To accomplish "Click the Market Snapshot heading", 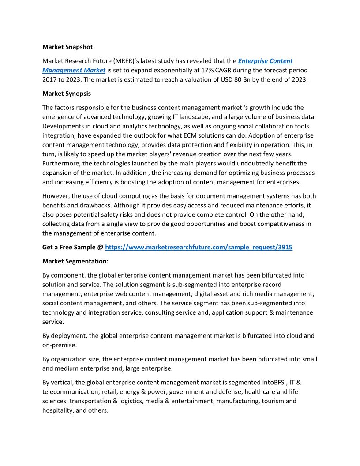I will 67,47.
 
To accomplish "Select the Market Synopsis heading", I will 67,94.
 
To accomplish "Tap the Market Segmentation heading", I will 75,261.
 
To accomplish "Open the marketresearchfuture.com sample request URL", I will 199,248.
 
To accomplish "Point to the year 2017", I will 49,79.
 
